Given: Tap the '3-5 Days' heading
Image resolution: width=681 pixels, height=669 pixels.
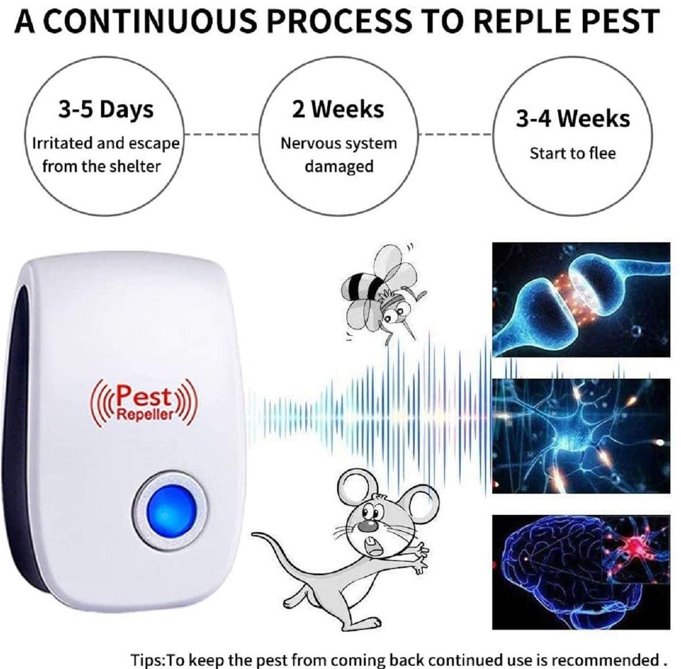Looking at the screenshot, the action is pyautogui.click(x=106, y=111).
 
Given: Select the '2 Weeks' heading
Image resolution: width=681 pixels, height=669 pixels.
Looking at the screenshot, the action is pyautogui.click(x=338, y=109).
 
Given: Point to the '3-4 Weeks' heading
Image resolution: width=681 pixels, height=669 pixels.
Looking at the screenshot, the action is pyautogui.click(x=573, y=119).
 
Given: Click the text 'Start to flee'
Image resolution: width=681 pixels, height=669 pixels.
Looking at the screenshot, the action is pyautogui.click(x=573, y=154).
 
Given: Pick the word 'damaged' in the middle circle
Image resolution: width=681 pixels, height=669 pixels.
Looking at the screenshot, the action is pyautogui.click(x=339, y=166).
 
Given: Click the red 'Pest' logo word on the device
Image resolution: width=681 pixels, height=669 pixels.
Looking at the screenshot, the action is pyautogui.click(x=145, y=396).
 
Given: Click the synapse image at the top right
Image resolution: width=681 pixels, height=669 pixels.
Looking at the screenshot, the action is pyautogui.click(x=581, y=299).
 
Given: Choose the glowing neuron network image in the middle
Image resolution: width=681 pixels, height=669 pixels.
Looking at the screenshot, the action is pyautogui.click(x=581, y=436).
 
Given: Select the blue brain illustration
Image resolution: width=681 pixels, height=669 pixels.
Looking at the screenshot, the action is pyautogui.click(x=581, y=572).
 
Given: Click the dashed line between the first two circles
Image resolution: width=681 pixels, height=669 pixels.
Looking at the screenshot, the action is pyautogui.click(x=222, y=135).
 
